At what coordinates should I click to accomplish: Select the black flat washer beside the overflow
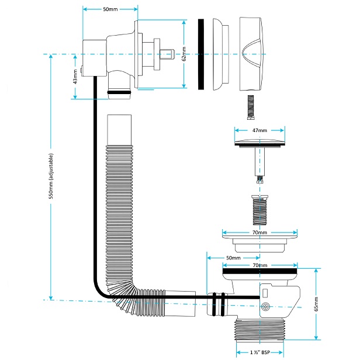click(201, 54)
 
